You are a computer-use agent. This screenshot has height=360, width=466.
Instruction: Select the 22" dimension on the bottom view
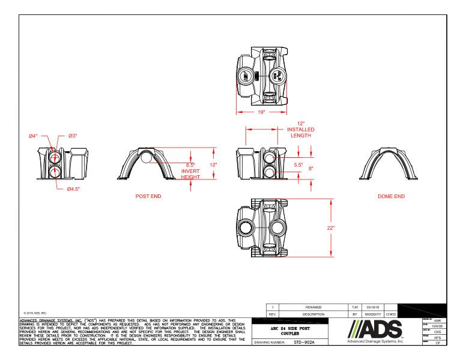coord(331,228)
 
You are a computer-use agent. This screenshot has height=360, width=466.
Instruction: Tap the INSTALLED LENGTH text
coord(301,133)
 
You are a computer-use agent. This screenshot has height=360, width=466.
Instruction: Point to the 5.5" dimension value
coord(298,164)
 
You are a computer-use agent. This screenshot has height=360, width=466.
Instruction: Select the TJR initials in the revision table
coord(354,307)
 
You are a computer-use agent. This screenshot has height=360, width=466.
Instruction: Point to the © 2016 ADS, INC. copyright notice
coord(35,313)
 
